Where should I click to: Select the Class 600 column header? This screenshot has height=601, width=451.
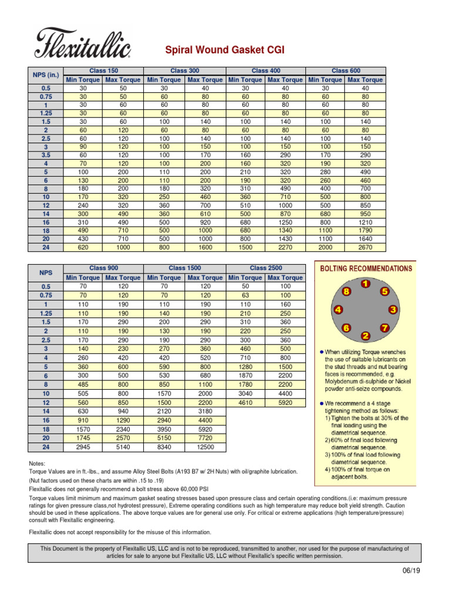pos(346,70)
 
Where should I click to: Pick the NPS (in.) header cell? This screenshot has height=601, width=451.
pos(45,75)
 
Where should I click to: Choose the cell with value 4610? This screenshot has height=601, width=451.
pos(245,403)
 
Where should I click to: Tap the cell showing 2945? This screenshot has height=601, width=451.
pos(83,447)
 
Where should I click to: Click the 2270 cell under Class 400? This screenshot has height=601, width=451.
pos(285,248)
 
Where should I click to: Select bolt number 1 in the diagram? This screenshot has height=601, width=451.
pos(365,285)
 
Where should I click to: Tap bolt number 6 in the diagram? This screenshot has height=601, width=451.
pos(347,329)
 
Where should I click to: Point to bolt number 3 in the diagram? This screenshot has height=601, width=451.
pos(393,309)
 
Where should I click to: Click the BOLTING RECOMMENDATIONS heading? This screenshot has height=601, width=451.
pos(365,268)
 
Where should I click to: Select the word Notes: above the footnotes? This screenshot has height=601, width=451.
pos(38,463)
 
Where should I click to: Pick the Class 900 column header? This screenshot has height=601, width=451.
pos(103,268)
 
